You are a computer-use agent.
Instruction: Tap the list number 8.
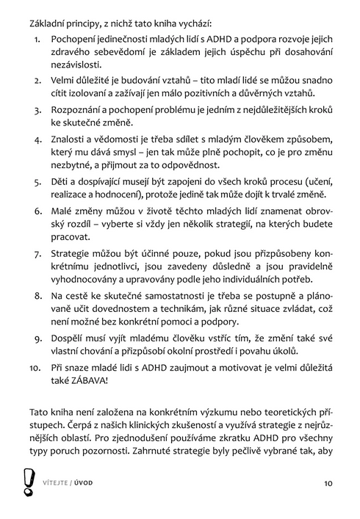[39, 294]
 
